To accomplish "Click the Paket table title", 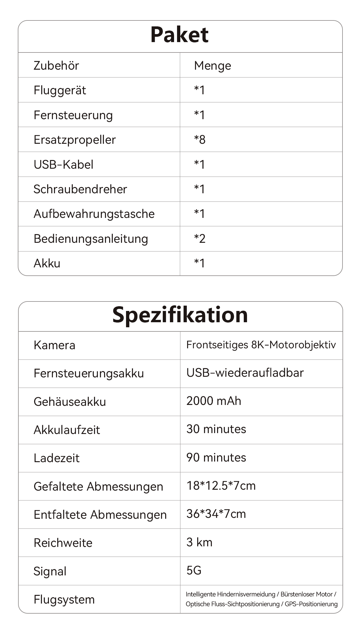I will (x=179, y=35).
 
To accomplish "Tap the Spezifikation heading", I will (x=180, y=315).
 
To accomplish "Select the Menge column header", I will (x=212, y=66).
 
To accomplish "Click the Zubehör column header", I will (x=56, y=66).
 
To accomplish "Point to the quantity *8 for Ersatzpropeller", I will (x=200, y=139).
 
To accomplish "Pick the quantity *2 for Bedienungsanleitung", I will (x=200, y=239).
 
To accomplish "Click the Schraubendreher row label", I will (x=80, y=189).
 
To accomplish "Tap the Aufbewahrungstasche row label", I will (x=94, y=214).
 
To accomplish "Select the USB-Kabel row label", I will (x=63, y=165).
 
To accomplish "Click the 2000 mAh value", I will (x=214, y=401).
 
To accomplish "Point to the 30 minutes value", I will (x=216, y=429).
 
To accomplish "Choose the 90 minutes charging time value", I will (x=216, y=457).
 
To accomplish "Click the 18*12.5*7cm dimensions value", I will (x=221, y=486).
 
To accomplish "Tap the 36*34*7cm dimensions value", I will (x=216, y=514).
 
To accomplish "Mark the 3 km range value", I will (x=199, y=542).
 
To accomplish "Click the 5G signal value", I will (x=194, y=570).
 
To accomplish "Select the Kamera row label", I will (x=54, y=345).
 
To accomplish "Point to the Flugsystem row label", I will (x=64, y=599).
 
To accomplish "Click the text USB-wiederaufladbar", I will (x=245, y=373).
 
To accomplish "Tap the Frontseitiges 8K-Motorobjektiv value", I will (x=261, y=345).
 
